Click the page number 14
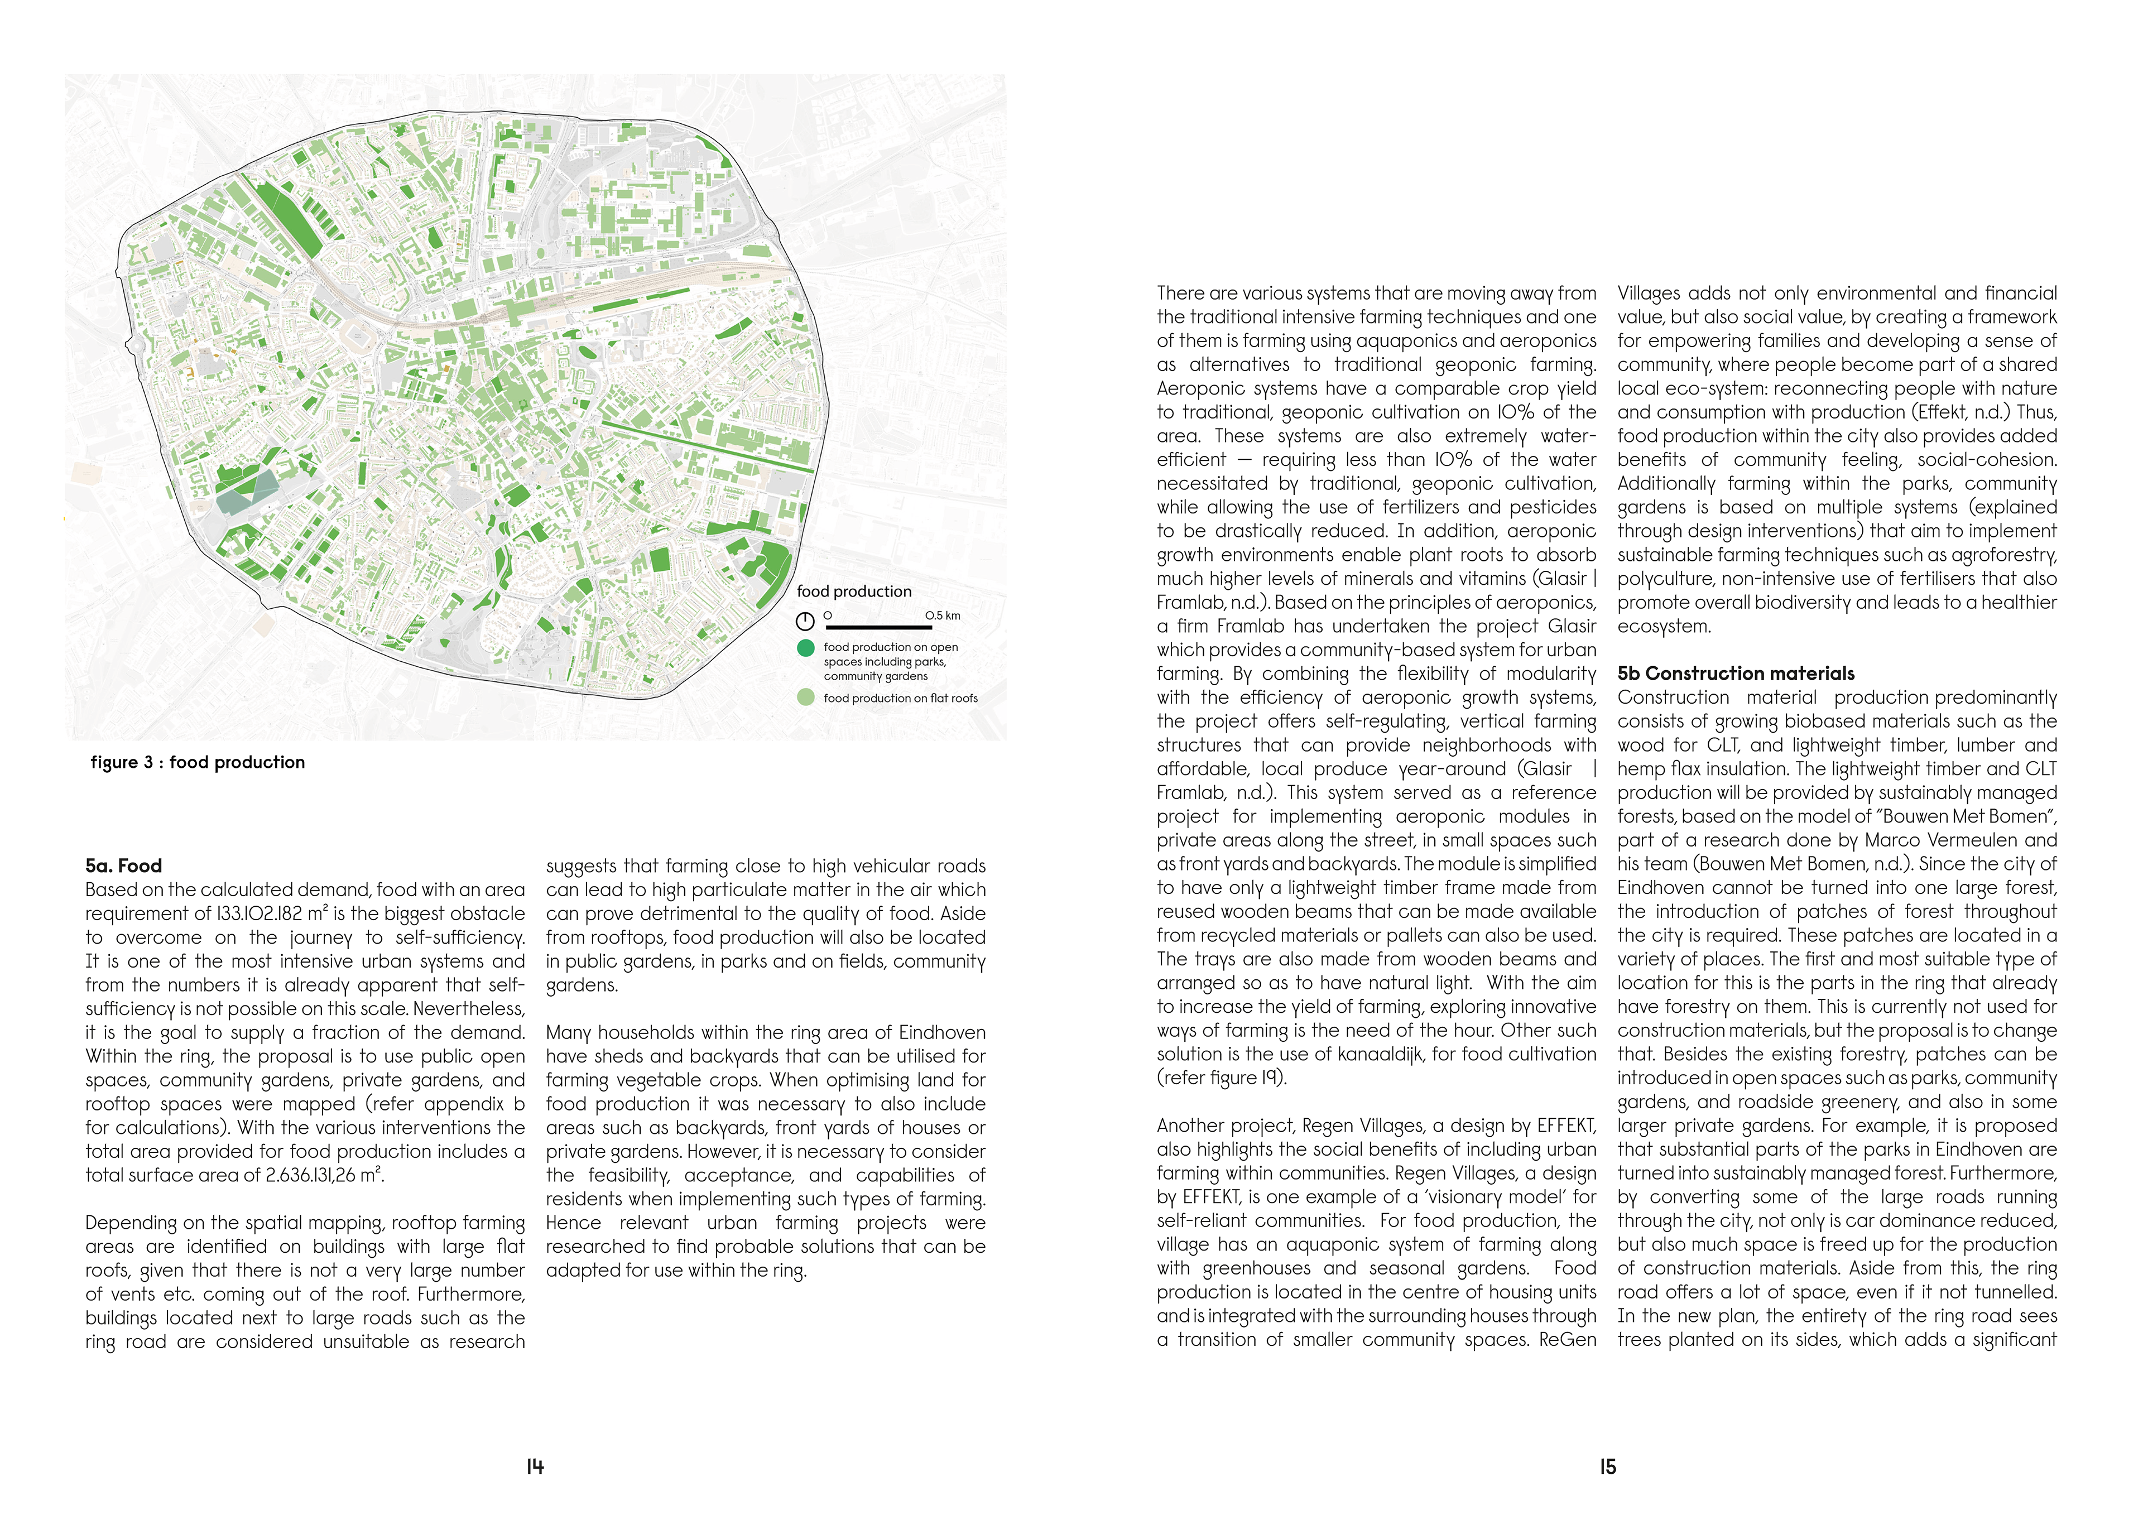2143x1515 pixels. tap(535, 1466)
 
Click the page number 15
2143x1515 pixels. tap(1607, 1466)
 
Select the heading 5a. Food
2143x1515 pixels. tap(123, 865)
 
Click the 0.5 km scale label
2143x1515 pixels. tap(943, 615)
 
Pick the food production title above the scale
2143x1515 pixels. tap(853, 591)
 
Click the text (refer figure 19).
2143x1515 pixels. tap(1222, 1078)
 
